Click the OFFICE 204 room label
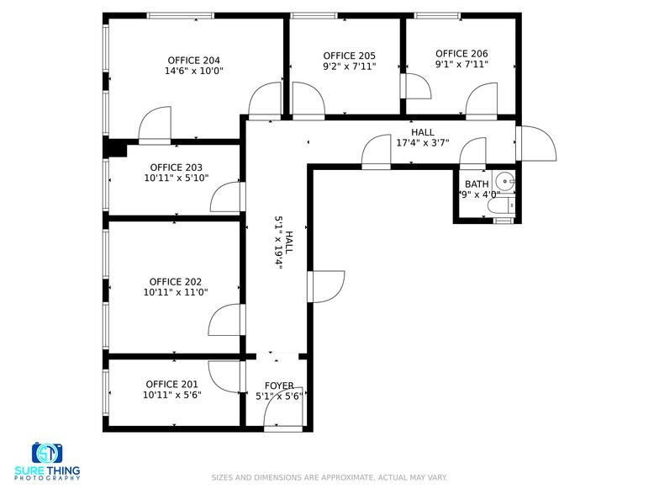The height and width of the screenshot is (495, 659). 193,60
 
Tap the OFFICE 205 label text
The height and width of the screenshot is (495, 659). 349,54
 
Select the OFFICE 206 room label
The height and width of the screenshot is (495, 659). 461,54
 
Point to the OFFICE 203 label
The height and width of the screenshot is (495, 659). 176,167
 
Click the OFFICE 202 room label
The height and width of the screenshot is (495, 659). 176,281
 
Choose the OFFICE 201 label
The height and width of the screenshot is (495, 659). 171,384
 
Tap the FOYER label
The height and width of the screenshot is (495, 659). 281,386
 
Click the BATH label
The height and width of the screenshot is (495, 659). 477,184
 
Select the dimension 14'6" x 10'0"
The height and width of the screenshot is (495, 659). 193,72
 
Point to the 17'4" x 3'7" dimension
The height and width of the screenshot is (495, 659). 423,143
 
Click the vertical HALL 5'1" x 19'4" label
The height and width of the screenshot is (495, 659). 284,244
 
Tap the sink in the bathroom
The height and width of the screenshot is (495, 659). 503,179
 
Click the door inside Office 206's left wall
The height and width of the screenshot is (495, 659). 415,85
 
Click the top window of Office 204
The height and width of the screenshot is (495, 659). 180,15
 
